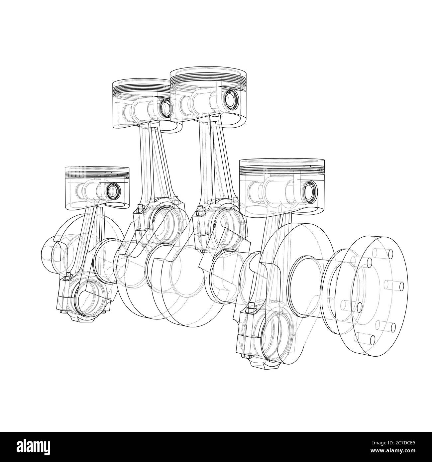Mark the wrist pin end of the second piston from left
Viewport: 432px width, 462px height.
coord(164,107)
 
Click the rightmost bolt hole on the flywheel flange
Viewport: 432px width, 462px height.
coord(401,285)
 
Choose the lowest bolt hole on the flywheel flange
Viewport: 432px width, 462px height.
coord(373,339)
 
